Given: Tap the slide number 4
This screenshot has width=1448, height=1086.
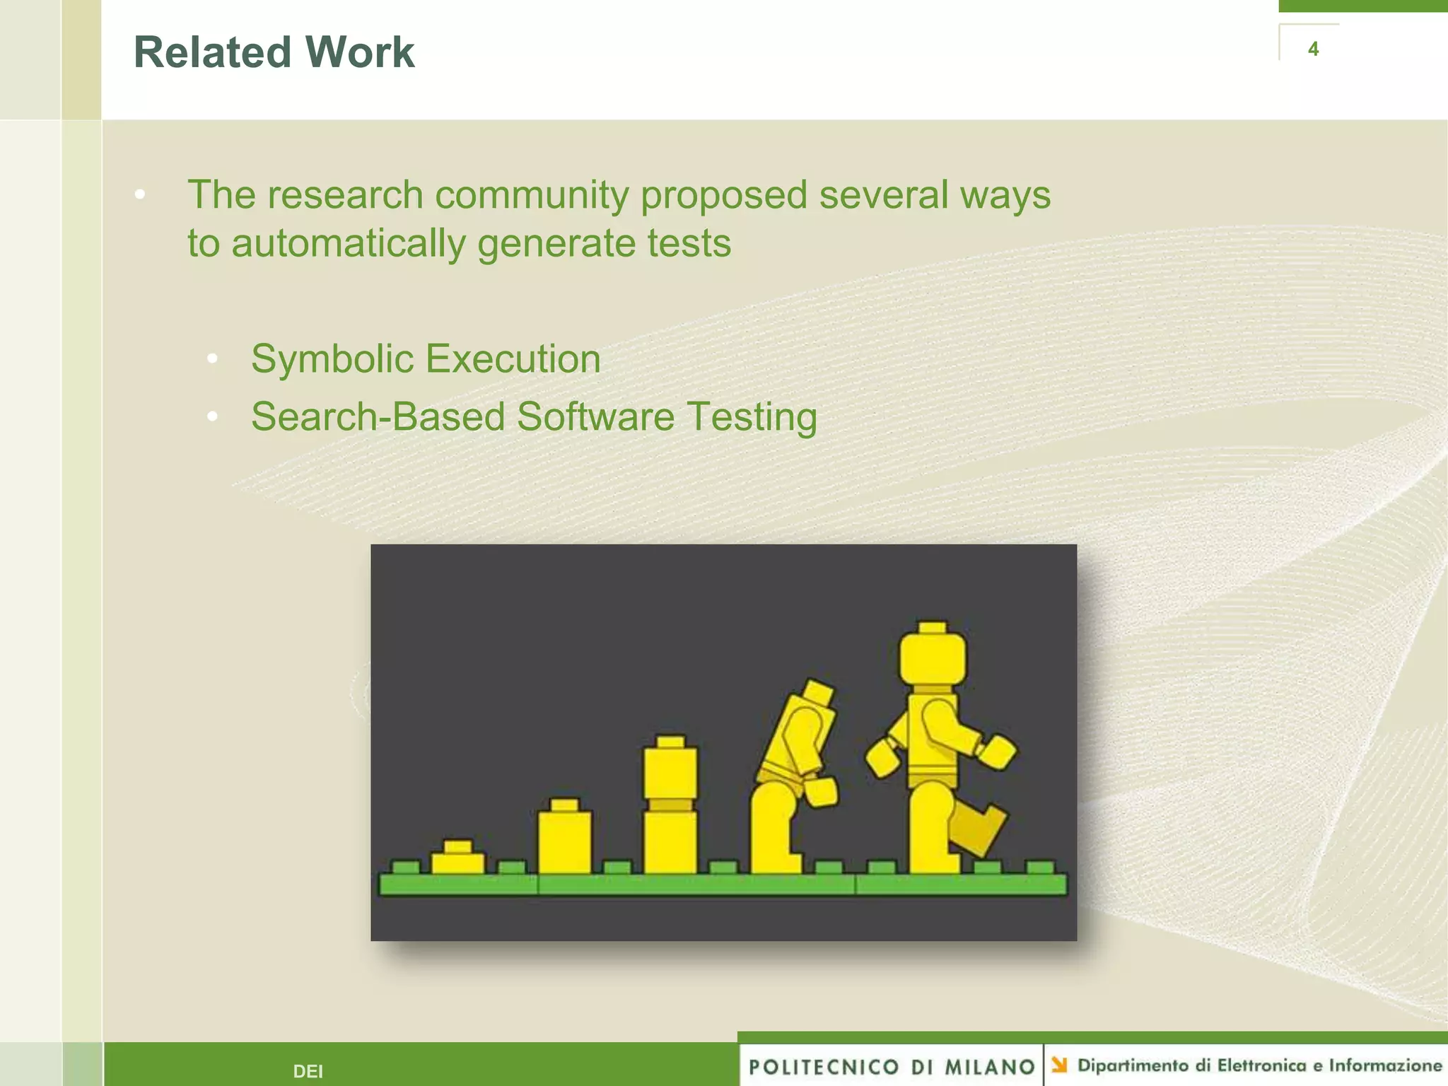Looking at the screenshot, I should click(1313, 49).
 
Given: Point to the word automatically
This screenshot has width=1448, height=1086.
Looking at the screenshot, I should click(348, 243).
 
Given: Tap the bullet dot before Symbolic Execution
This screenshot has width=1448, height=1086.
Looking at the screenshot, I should click(212, 359).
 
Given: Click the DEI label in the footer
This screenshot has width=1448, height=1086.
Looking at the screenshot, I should click(308, 1071).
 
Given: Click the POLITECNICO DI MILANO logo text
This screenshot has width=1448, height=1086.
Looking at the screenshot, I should click(891, 1066).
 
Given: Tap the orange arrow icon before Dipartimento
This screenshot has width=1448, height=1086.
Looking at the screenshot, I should click(1058, 1064).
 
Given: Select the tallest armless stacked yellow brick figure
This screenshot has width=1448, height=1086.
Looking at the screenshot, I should click(670, 806).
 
